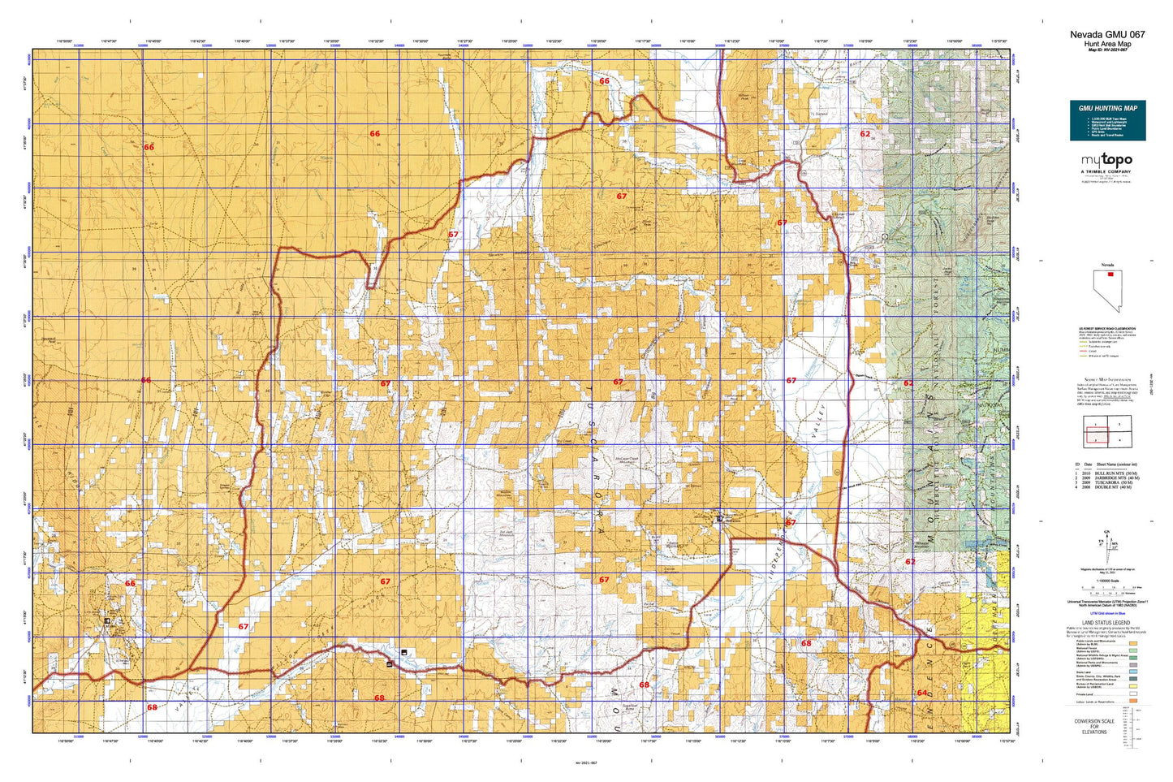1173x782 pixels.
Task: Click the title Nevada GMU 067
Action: (1107, 35)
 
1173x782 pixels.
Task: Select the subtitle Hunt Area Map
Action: (1107, 44)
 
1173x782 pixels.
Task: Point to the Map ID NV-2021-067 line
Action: (1107, 50)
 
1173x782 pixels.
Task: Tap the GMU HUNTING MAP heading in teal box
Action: (1107, 108)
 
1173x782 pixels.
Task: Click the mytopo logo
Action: (1106, 162)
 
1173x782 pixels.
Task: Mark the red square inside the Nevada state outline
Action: (1110, 274)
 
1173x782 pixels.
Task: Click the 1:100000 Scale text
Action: (1106, 580)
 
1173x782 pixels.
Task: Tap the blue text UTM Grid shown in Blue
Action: (1106, 613)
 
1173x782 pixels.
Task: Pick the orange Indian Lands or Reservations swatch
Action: (1133, 700)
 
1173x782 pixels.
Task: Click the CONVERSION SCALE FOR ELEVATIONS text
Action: (1093, 727)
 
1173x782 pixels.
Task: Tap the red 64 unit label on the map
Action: (922, 693)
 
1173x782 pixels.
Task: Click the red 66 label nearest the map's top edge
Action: (604, 81)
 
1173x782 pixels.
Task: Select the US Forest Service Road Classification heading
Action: (1106, 329)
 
